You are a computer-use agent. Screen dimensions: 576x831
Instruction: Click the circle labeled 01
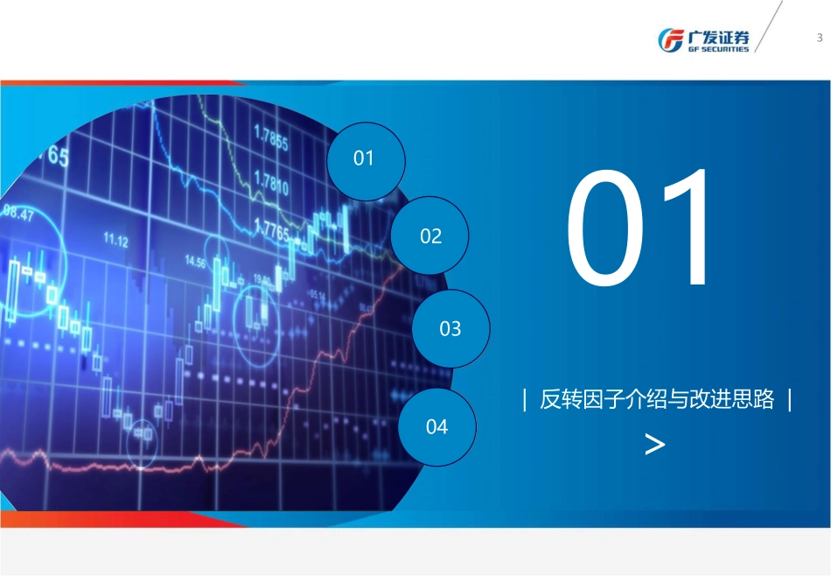(x=365, y=159)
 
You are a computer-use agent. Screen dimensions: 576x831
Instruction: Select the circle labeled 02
(x=430, y=236)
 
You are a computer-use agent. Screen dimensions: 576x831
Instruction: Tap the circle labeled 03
(x=450, y=329)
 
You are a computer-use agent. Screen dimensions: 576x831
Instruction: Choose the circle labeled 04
(x=436, y=427)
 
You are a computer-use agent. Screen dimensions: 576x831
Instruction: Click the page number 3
(x=819, y=38)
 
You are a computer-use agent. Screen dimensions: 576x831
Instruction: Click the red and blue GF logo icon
(x=672, y=40)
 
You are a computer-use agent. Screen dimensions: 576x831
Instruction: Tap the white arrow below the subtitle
(x=654, y=445)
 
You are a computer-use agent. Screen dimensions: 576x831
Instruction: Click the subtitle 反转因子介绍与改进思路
(x=657, y=400)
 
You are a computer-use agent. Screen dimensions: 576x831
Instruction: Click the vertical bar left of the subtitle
(x=524, y=400)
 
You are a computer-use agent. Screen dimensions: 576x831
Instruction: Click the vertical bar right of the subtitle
(x=790, y=400)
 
